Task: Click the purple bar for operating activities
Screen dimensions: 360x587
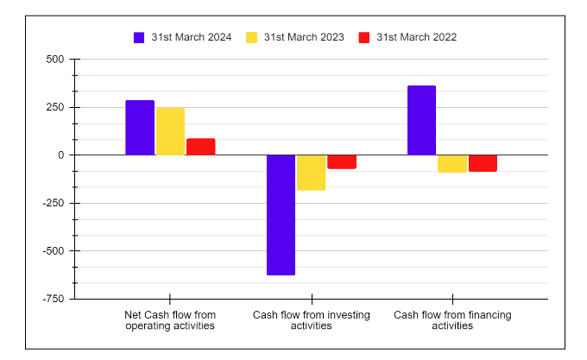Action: [x=140, y=128]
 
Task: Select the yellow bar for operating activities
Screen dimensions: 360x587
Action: [x=170, y=131]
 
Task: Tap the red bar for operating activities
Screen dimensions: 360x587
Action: [x=200, y=147]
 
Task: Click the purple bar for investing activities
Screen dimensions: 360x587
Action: [x=281, y=215]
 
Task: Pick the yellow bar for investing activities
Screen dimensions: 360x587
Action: [x=311, y=173]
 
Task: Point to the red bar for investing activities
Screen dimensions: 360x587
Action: [x=342, y=162]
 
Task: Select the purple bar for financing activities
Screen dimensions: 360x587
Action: [x=421, y=121]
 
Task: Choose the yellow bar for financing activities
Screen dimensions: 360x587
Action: [x=452, y=164]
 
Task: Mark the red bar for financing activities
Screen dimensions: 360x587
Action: [x=483, y=163]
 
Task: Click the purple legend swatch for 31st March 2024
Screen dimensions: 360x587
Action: [x=139, y=37]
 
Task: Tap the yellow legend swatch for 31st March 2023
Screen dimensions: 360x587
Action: [x=252, y=37]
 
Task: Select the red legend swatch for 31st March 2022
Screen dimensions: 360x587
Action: [x=363, y=37]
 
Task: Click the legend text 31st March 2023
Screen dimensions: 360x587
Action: [x=304, y=37]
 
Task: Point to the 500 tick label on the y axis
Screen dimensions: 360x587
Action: [x=54, y=60]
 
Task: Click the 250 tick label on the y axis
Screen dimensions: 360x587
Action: [x=54, y=107]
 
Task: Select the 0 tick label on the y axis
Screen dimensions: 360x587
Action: [x=60, y=155]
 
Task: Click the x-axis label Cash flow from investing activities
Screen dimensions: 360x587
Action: [x=311, y=320]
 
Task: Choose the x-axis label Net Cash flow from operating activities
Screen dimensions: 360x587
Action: [x=170, y=320]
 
